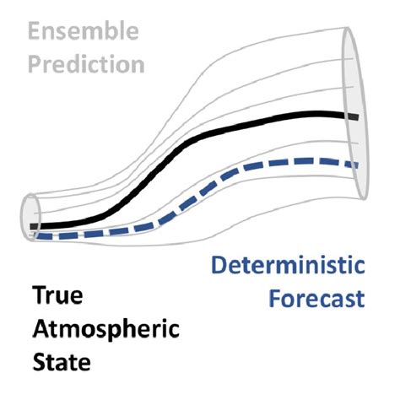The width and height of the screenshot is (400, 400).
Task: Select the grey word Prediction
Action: pyautogui.click(x=84, y=64)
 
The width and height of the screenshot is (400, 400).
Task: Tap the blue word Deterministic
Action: pyautogui.click(x=288, y=269)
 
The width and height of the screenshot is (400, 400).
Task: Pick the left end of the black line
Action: pyautogui.click(x=32, y=226)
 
